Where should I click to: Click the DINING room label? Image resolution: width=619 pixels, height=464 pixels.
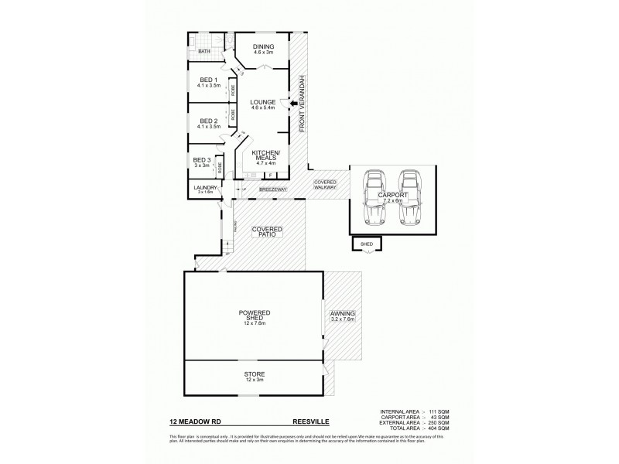pyautogui.click(x=264, y=47)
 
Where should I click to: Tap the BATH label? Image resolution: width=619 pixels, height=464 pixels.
pyautogui.click(x=203, y=52)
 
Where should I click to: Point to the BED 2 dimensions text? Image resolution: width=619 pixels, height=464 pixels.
pyautogui.click(x=210, y=126)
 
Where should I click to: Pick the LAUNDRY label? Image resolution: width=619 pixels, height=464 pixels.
pyautogui.click(x=204, y=186)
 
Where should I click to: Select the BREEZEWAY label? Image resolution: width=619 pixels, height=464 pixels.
pyautogui.click(x=273, y=189)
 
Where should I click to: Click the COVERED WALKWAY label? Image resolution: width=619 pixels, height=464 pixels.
pyautogui.click(x=325, y=185)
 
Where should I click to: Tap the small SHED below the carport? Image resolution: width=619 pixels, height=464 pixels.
pyautogui.click(x=367, y=244)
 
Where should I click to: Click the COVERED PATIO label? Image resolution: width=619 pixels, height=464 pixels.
pyautogui.click(x=267, y=231)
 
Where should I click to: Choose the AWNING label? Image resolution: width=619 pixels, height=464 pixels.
pyautogui.click(x=342, y=315)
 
